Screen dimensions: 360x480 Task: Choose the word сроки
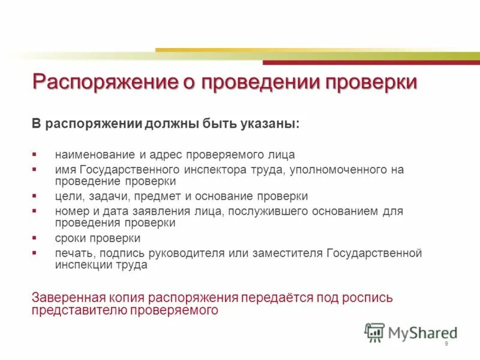[x=71, y=238]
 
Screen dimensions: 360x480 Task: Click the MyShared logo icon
[x=375, y=332]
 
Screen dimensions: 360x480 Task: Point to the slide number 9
[x=446, y=344]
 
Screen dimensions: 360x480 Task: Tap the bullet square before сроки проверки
[x=35, y=238]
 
